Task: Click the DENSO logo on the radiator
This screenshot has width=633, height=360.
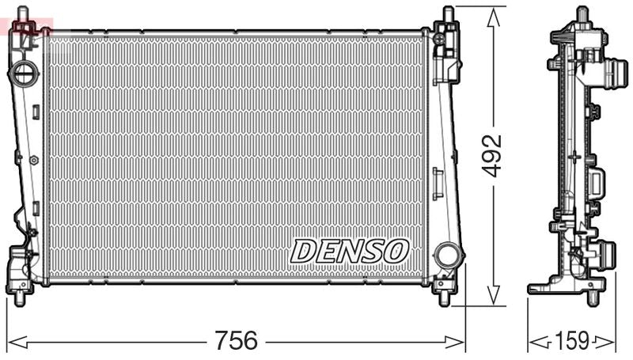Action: click(x=350, y=251)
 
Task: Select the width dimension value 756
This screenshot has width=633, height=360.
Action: click(x=236, y=341)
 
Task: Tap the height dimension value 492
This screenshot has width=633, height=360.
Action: click(x=492, y=155)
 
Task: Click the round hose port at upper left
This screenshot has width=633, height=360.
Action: click(x=25, y=74)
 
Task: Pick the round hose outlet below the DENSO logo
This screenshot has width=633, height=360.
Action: click(x=448, y=255)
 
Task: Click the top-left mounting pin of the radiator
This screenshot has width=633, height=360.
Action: click(x=24, y=15)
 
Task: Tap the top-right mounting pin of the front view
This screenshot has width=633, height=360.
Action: click(x=449, y=14)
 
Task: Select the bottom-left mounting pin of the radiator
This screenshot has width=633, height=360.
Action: click(x=19, y=297)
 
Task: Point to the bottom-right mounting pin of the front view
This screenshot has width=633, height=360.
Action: click(x=444, y=298)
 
